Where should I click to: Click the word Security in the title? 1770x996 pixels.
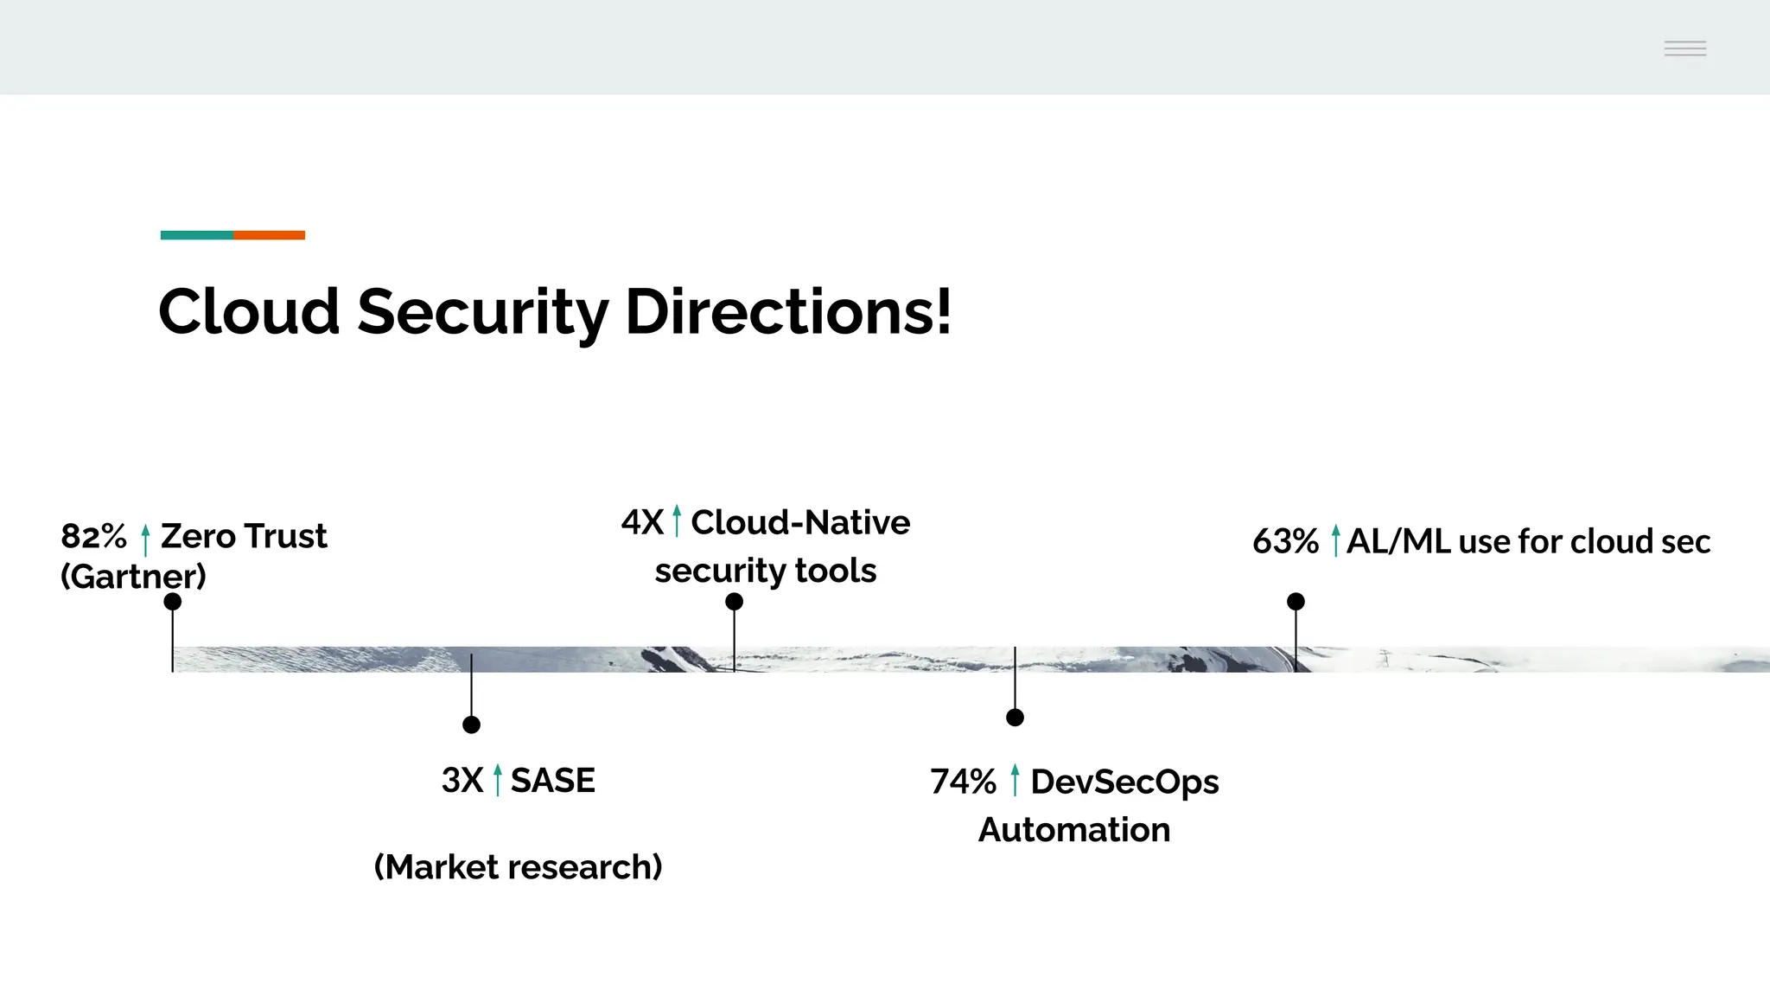pos(482,313)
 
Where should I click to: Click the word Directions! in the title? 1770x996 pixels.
pos(787,311)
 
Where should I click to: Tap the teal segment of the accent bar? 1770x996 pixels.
pos(196,235)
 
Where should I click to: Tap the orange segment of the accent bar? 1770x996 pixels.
pos(269,235)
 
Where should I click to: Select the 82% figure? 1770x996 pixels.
pos(93,537)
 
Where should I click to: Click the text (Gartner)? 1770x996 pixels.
pos(133,577)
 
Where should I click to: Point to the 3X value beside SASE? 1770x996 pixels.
pos(462,781)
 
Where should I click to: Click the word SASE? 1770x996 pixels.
pos(552,781)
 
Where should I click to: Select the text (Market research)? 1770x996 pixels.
pos(518,867)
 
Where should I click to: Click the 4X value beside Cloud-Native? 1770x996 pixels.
pos(641,523)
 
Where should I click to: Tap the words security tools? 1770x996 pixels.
pos(765,571)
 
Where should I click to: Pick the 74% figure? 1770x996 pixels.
pos(963,782)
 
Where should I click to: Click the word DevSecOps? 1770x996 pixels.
pos(1124,782)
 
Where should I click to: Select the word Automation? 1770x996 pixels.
pos(1073,830)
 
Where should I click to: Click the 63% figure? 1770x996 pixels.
pos(1285,542)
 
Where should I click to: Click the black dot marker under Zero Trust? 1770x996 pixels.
pos(173,602)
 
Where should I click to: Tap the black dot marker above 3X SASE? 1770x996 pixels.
pos(471,725)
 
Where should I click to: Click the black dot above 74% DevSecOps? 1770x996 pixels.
pos(1015,718)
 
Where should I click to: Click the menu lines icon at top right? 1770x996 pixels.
pos(1684,48)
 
